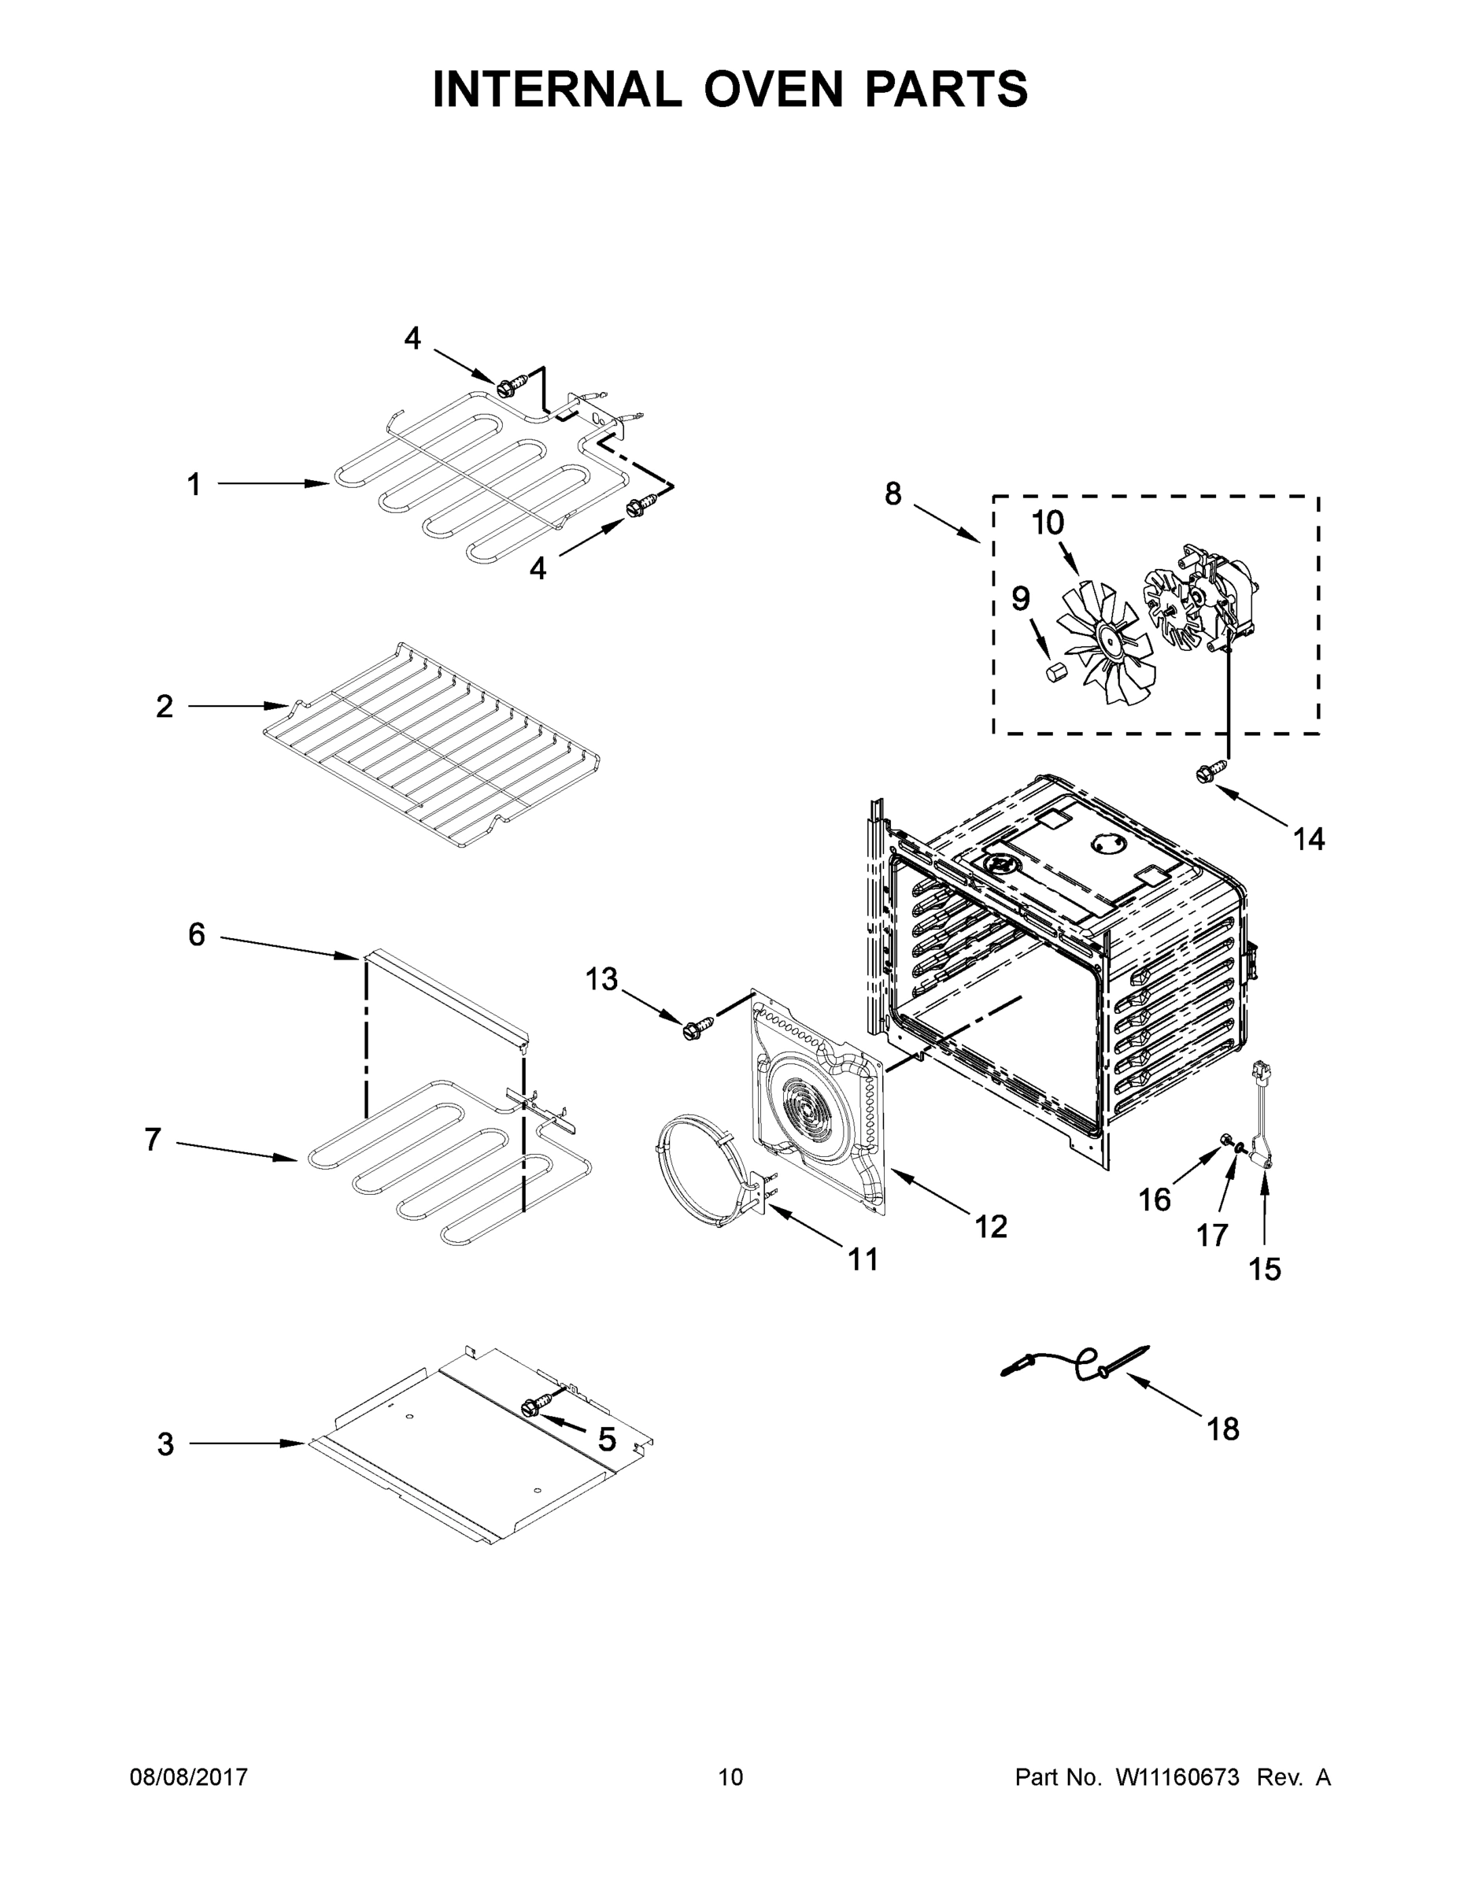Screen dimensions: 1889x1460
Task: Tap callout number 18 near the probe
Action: point(1223,1429)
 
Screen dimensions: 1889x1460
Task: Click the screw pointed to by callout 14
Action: point(1208,772)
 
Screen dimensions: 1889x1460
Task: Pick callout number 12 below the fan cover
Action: point(991,1225)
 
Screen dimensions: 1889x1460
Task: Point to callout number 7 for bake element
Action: point(153,1139)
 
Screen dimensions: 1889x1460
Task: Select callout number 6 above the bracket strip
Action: point(198,934)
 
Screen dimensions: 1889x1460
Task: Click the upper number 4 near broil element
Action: point(412,338)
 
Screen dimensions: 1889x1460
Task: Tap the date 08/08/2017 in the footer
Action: point(189,1776)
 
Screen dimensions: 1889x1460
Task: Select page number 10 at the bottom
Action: point(730,1776)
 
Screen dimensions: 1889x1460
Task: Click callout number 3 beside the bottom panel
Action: point(166,1444)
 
